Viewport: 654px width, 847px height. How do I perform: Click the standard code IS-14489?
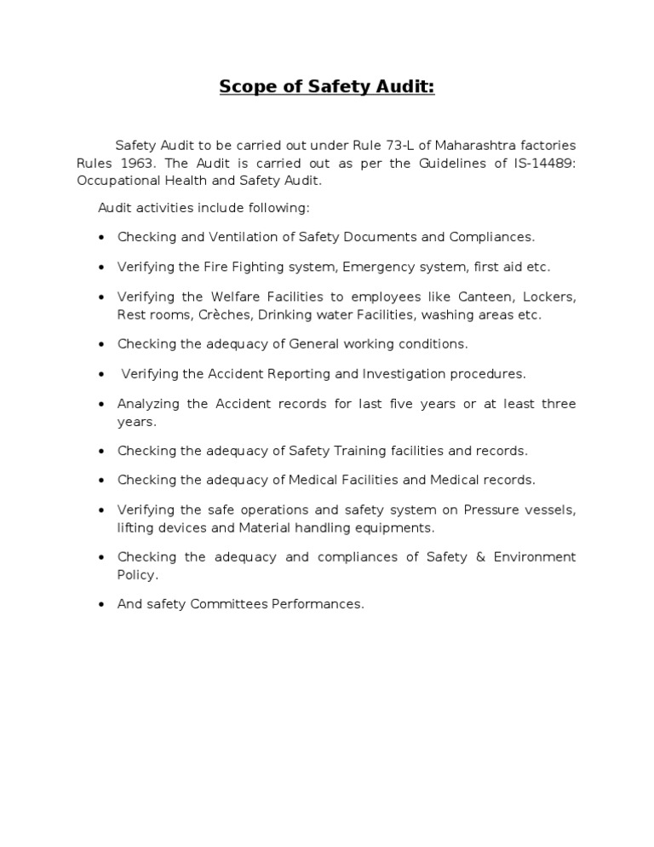(539, 163)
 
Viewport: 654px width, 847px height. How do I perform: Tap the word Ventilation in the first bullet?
(238, 237)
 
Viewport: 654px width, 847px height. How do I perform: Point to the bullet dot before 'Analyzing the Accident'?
(101, 404)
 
